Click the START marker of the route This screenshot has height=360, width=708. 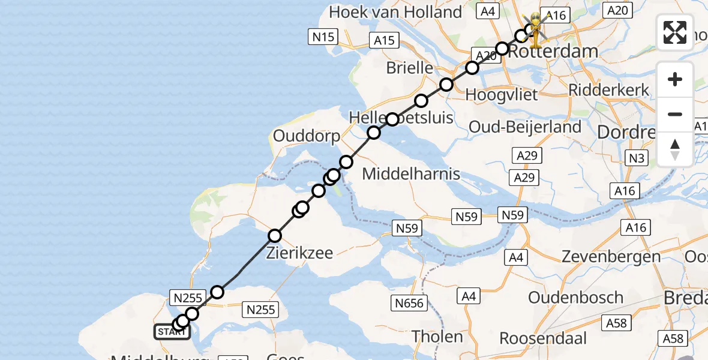(x=172, y=332)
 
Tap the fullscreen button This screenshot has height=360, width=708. (x=675, y=32)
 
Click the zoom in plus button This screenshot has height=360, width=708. (x=675, y=80)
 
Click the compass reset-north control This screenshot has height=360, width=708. (x=675, y=149)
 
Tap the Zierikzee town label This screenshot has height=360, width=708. (x=300, y=253)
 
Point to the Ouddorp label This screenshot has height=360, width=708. (x=306, y=136)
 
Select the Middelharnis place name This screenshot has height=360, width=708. (x=412, y=175)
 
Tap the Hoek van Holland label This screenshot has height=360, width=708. (x=396, y=12)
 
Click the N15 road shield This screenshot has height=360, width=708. (x=323, y=37)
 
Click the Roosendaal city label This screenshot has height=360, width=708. (x=543, y=338)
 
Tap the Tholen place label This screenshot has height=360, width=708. (x=437, y=337)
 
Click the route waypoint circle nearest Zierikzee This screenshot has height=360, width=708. (x=275, y=235)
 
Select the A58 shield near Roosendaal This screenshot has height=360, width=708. (x=616, y=323)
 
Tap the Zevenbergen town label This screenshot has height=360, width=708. (x=611, y=257)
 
